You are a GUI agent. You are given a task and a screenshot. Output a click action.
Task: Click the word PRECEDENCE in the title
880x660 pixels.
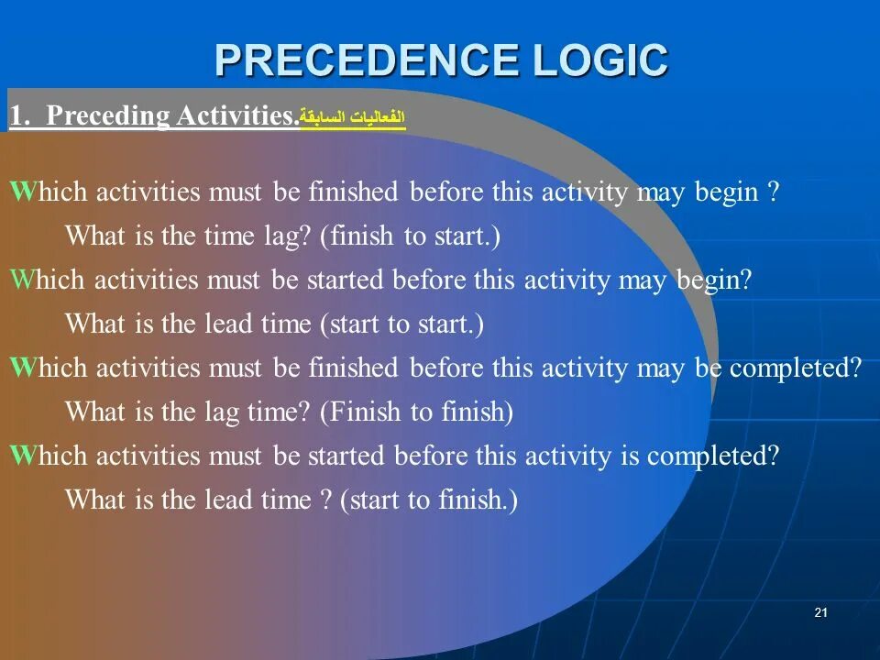pyautogui.click(x=367, y=60)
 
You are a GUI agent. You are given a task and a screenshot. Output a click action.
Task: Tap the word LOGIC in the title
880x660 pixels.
pyautogui.click(x=600, y=60)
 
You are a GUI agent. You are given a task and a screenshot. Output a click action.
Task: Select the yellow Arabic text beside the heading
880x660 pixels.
pyautogui.click(x=352, y=116)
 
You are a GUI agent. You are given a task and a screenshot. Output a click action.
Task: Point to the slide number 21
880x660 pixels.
pyautogui.click(x=820, y=612)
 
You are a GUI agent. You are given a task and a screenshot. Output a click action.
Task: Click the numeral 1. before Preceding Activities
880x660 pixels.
pyautogui.click(x=19, y=115)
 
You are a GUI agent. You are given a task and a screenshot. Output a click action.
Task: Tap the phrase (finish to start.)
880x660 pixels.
pyautogui.click(x=410, y=236)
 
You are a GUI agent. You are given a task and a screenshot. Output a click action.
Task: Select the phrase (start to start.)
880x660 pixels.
pyautogui.click(x=401, y=324)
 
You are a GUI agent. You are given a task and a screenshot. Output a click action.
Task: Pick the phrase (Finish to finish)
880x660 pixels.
pyautogui.click(x=416, y=412)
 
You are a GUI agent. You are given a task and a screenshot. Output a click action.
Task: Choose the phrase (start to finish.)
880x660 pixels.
pyautogui.click(x=429, y=500)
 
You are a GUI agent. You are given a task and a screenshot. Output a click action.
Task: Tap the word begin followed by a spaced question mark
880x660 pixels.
pyautogui.click(x=726, y=192)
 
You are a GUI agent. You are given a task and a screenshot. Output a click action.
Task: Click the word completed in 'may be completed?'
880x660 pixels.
pyautogui.click(x=796, y=368)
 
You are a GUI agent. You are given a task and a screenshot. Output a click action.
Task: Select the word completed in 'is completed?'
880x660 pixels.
pyautogui.click(x=713, y=456)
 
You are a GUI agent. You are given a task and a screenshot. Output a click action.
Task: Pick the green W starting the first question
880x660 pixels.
pyautogui.click(x=22, y=191)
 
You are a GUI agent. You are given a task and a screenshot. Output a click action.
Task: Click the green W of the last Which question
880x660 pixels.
pyautogui.click(x=22, y=455)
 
